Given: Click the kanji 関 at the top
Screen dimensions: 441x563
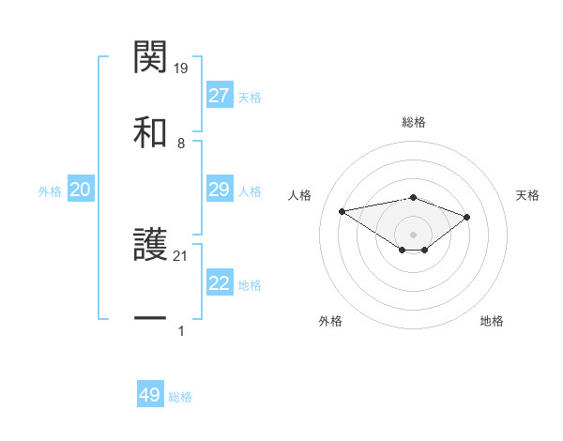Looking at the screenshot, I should tap(151, 58).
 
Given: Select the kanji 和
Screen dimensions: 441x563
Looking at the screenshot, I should tap(151, 132).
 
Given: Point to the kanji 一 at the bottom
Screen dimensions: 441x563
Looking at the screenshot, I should tap(151, 319).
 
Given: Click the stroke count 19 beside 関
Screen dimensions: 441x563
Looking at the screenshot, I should tap(182, 68).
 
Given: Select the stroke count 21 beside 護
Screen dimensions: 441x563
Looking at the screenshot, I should tap(182, 256).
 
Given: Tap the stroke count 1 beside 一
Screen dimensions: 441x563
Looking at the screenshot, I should tap(181, 330).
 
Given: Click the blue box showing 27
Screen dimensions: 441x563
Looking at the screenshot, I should tap(220, 96).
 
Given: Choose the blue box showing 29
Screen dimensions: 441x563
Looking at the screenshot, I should tap(220, 190).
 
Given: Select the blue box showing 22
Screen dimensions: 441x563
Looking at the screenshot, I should tap(220, 283).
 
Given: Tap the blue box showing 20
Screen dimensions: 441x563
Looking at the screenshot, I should tap(81, 190).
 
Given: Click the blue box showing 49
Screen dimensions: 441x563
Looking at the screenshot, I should tap(150, 395).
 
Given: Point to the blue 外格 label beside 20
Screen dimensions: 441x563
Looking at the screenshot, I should tap(50, 191).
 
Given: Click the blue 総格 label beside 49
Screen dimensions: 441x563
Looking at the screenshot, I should tap(180, 397).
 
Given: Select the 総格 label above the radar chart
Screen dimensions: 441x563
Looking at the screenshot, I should tap(414, 122).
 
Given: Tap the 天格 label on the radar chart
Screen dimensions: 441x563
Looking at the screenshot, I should tap(528, 195).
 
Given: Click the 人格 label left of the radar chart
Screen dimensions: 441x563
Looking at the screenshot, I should tap(300, 195).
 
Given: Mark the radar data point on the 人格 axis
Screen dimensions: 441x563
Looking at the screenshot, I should tap(342, 210).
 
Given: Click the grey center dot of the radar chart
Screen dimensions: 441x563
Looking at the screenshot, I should tap(414, 234).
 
